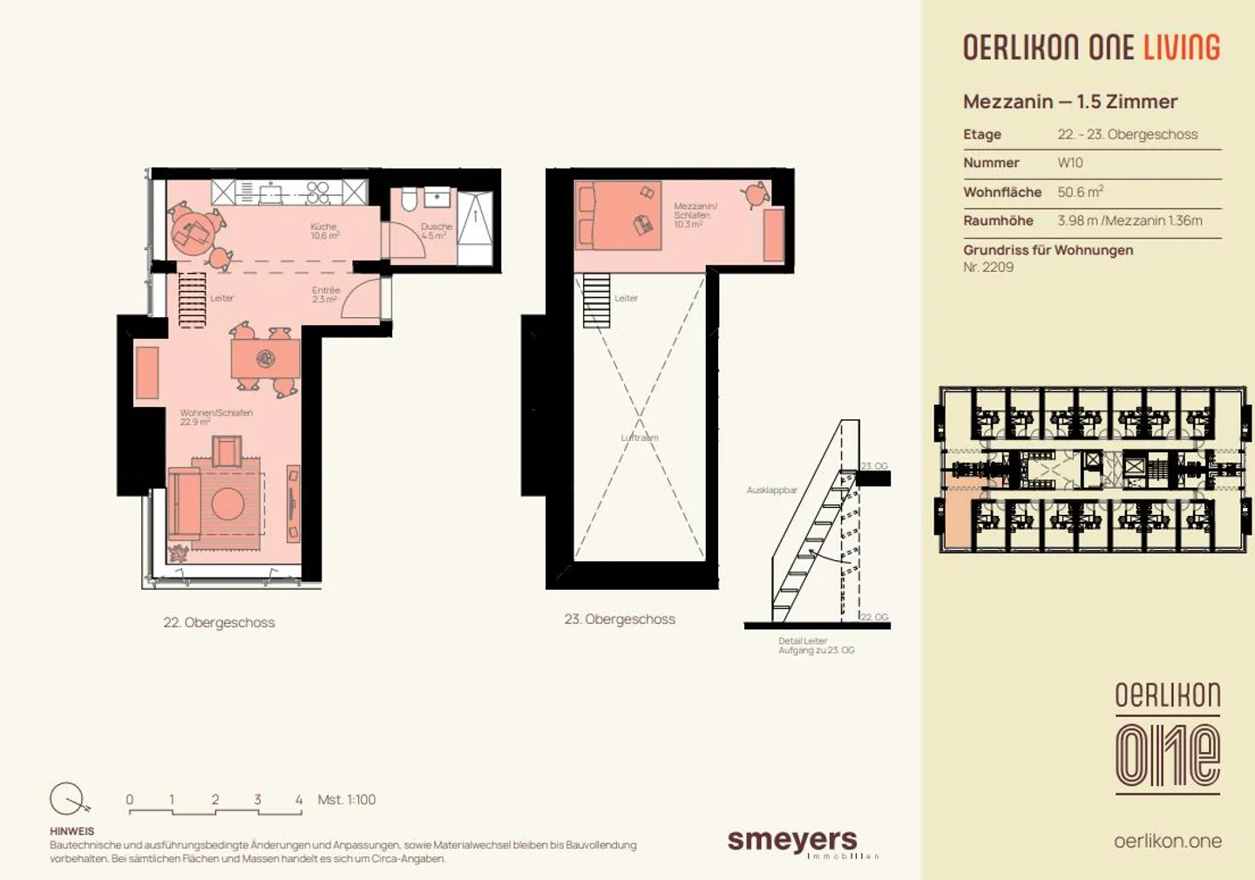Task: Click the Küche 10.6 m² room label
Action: [x=324, y=231]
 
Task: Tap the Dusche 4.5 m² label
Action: [x=436, y=231]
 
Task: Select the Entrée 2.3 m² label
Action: [x=325, y=294]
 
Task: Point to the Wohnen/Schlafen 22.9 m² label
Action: [x=215, y=417]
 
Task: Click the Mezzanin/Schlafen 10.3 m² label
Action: [x=695, y=215]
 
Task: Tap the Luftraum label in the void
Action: [x=640, y=437]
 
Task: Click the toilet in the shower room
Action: [x=410, y=200]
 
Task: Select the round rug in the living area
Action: [x=227, y=504]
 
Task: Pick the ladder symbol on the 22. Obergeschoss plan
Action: [x=192, y=300]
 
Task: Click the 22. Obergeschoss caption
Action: [x=219, y=622]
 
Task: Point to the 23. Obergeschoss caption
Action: [x=620, y=619]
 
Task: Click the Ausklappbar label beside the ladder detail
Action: [x=771, y=491]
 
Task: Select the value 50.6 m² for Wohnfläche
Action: [x=1080, y=192]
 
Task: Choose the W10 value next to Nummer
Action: [x=1070, y=163]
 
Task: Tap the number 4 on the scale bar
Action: [x=299, y=799]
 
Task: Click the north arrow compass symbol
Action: [x=68, y=798]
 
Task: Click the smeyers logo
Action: [x=793, y=842]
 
